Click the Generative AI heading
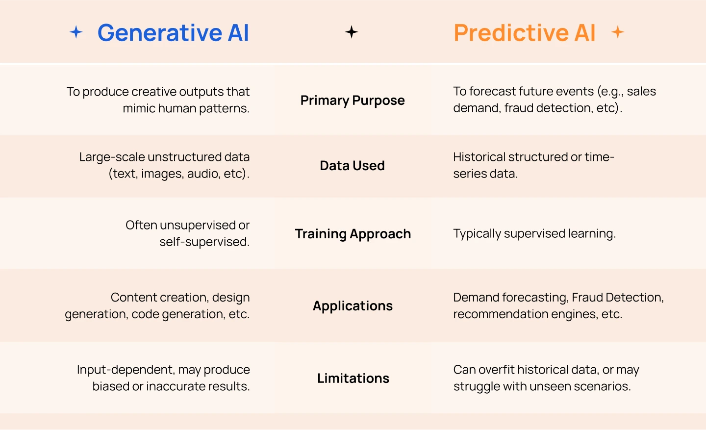[173, 33]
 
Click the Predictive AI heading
[524, 33]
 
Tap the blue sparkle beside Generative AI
[76, 32]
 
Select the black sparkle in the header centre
[352, 32]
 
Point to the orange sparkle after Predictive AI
[618, 32]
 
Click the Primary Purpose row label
[353, 101]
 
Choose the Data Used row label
[352, 166]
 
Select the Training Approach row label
[353, 234]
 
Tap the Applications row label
[353, 306]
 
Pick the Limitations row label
[353, 379]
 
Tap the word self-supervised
[204, 242]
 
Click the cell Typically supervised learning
[534, 234]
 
